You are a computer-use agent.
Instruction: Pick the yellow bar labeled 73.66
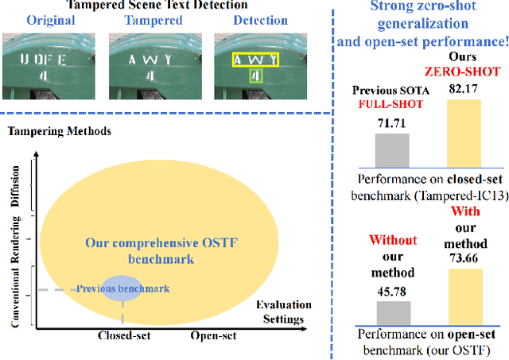tap(465, 293)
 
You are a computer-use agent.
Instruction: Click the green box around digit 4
tap(254, 77)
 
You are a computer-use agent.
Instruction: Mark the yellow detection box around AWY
tap(254, 60)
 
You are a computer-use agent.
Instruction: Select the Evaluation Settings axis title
tap(283, 312)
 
